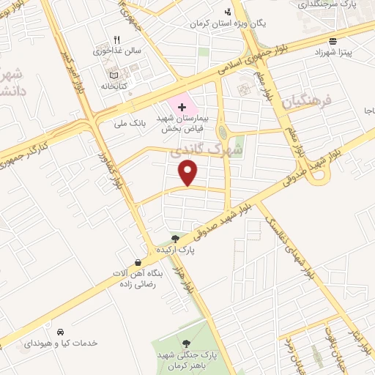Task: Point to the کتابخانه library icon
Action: pyautogui.click(x=112, y=75)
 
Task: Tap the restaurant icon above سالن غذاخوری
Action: pyautogui.click(x=116, y=41)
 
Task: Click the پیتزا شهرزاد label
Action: pyautogui.click(x=333, y=53)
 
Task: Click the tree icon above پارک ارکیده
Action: pyautogui.click(x=174, y=238)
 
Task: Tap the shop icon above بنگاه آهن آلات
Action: pyautogui.click(x=138, y=262)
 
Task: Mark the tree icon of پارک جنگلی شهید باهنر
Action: pyautogui.click(x=186, y=342)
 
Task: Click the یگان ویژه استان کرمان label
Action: pyautogui.click(x=229, y=23)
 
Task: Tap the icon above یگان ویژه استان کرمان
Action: pyautogui.click(x=229, y=11)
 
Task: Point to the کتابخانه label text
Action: pyautogui.click(x=112, y=86)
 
